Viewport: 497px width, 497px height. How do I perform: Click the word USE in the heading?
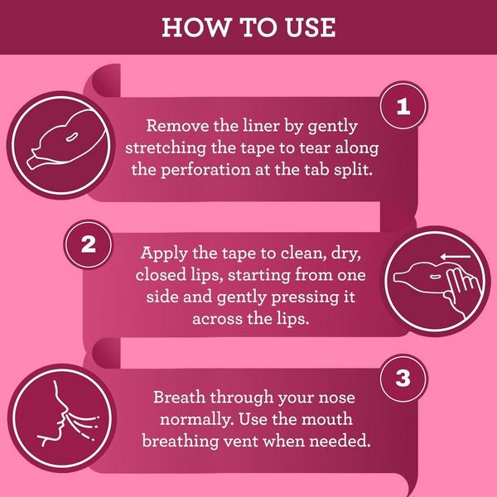(x=310, y=27)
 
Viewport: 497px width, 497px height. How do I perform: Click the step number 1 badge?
(x=403, y=105)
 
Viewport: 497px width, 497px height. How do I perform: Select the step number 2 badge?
(x=88, y=244)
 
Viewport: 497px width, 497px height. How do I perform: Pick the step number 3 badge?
(x=403, y=379)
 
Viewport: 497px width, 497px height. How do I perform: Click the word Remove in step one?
(x=177, y=126)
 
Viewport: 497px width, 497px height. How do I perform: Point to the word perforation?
(x=205, y=170)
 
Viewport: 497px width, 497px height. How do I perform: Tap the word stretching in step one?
(x=166, y=148)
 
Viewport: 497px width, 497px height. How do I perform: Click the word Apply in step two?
(x=163, y=253)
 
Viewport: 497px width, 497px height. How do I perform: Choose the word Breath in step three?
(x=179, y=397)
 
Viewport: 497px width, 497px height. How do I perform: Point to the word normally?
(x=197, y=420)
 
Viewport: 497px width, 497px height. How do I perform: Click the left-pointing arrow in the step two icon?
(x=456, y=257)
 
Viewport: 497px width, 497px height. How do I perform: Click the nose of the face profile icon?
(x=64, y=409)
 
